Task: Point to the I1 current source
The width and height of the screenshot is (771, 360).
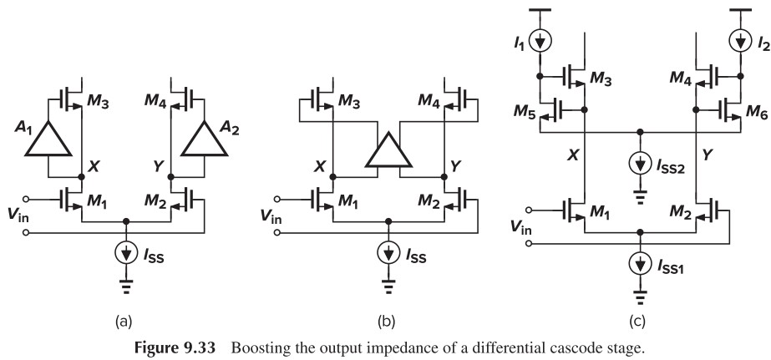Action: [x=540, y=38]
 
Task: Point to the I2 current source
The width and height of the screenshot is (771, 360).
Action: [x=741, y=38]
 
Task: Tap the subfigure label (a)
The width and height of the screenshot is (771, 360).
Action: [x=127, y=319]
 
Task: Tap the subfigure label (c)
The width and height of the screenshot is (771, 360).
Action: [x=641, y=319]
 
